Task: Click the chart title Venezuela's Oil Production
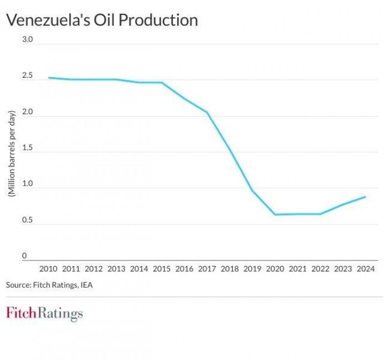pyautogui.click(x=102, y=20)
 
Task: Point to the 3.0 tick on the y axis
pyautogui.click(x=28, y=40)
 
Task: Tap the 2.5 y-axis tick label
pyautogui.click(x=28, y=76)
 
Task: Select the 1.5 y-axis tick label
pyautogui.click(x=28, y=148)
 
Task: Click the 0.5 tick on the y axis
pyautogui.click(x=28, y=221)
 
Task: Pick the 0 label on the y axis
pyautogui.click(x=24, y=256)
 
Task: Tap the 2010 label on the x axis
pyautogui.click(x=49, y=269)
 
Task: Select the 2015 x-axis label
pyautogui.click(x=162, y=269)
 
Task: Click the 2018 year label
pyautogui.click(x=230, y=269)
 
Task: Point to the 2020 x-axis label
pyautogui.click(x=275, y=269)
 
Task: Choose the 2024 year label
pyautogui.click(x=365, y=269)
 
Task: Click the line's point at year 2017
pyautogui.click(x=207, y=113)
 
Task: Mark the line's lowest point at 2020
pyautogui.click(x=275, y=214)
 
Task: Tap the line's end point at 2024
pyautogui.click(x=365, y=197)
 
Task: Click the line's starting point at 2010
pyautogui.click(x=49, y=78)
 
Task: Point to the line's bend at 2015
pyautogui.click(x=162, y=82)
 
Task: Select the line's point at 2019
pyautogui.click(x=252, y=191)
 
